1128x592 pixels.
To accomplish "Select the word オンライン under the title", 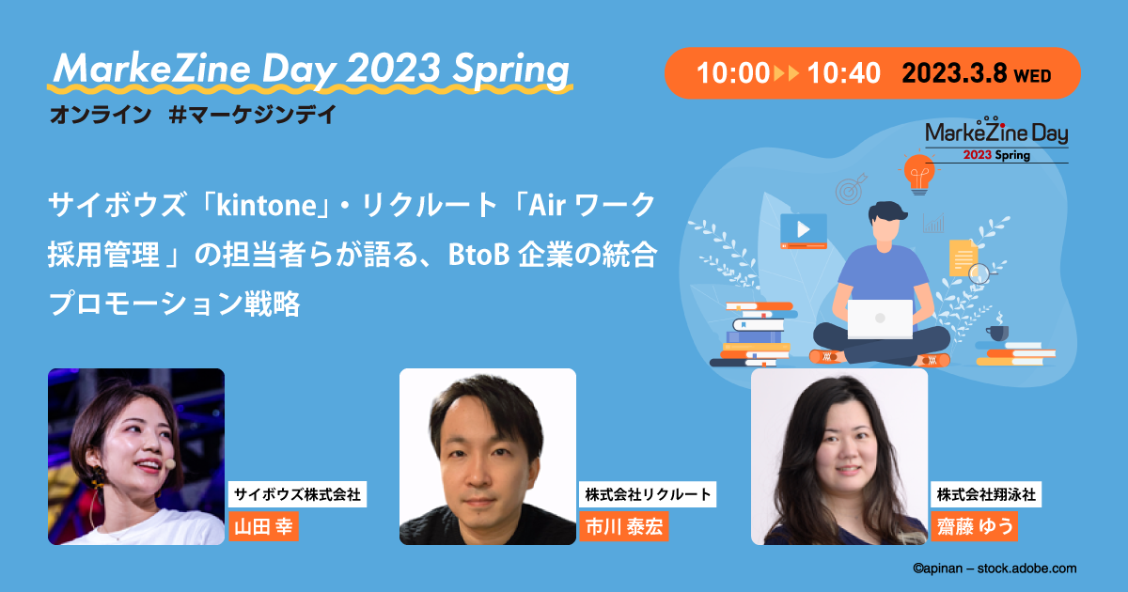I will coord(100,116).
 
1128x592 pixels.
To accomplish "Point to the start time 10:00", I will coord(732,74).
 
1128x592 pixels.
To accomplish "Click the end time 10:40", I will coord(843,74).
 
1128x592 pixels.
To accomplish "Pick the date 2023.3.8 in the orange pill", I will coord(955,74).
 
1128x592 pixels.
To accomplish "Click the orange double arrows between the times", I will coord(787,74).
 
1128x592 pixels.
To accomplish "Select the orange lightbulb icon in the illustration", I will coord(916,172).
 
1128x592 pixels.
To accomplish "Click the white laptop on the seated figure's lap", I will coord(880,319).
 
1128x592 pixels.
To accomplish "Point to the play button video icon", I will coord(803,228).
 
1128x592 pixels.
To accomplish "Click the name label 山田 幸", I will coord(263,527).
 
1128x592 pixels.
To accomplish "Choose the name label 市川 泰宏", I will coord(623,527).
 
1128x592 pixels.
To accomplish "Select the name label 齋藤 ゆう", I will coord(974,527).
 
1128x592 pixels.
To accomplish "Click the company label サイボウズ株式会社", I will coord(298,494).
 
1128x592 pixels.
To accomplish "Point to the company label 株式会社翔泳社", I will coord(986,494).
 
